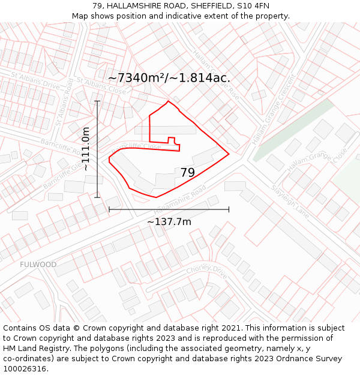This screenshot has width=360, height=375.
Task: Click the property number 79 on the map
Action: coord(188,173)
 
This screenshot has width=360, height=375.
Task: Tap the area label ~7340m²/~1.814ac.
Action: coord(169,78)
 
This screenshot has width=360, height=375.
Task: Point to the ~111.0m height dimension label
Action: coord(86,149)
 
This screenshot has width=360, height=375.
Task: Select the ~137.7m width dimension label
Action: coord(169,222)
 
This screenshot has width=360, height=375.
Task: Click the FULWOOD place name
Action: coord(38,265)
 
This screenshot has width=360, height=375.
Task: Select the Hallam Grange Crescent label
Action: coord(274,110)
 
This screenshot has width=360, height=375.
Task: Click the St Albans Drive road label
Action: coord(35,81)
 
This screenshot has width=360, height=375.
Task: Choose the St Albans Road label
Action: coord(65,102)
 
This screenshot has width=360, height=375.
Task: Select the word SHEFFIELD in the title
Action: coord(204,6)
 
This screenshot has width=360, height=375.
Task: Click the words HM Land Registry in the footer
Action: coord(34,348)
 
